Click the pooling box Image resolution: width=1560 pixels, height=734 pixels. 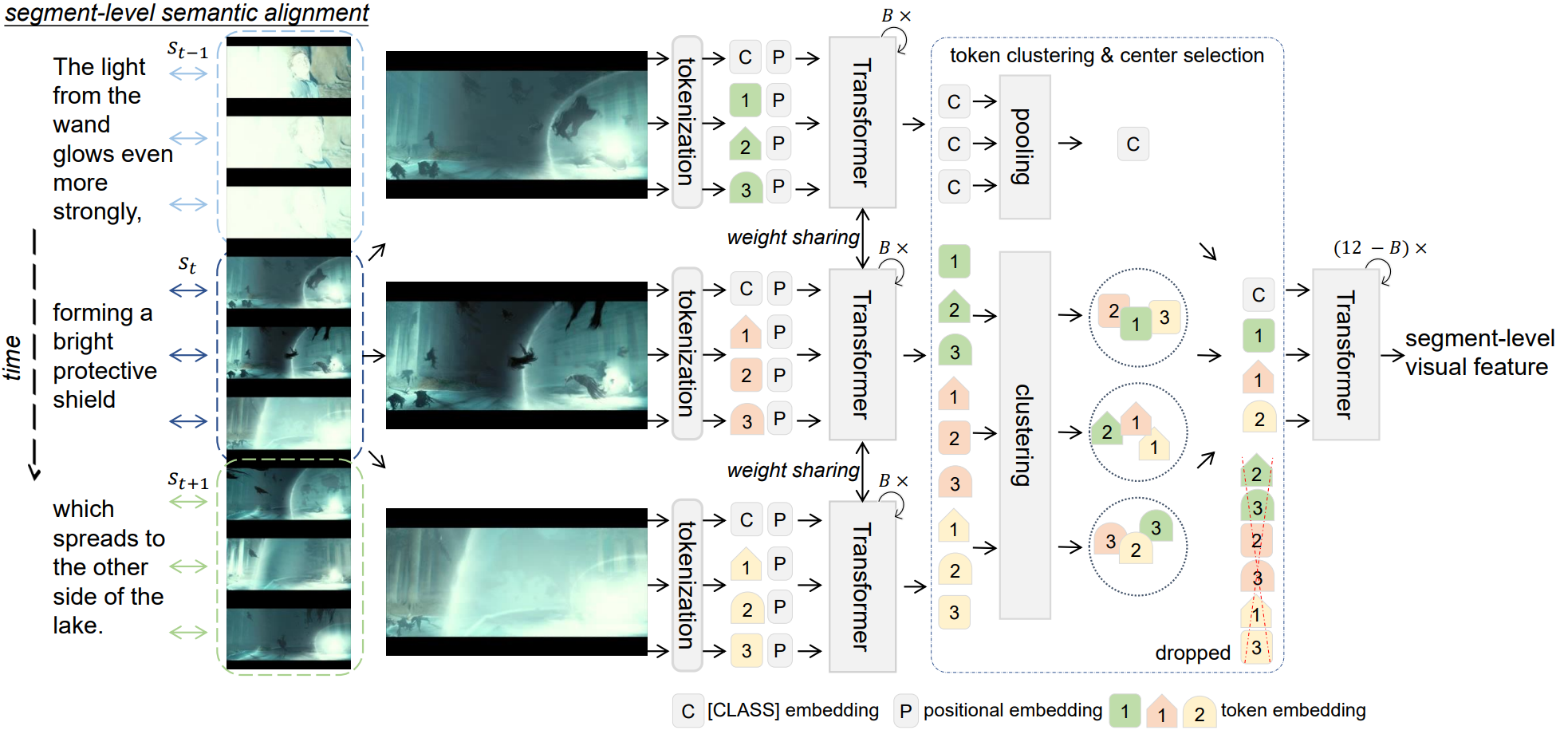tap(1024, 147)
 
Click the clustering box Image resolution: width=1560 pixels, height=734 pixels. tap(1024, 435)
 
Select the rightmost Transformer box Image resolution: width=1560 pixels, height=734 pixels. tap(1345, 354)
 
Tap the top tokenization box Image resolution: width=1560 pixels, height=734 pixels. tap(687, 122)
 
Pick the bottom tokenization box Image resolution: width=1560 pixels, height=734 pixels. tap(687, 585)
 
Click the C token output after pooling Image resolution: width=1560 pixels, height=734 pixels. tap(1133, 144)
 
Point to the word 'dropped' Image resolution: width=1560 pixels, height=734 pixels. tap(1192, 653)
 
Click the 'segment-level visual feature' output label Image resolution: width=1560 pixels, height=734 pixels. tap(1479, 353)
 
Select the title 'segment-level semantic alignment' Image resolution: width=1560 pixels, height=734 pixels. tap(187, 13)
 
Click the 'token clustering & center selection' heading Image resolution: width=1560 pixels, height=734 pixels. tap(1106, 55)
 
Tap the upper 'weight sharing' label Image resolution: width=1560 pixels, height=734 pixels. tap(793, 237)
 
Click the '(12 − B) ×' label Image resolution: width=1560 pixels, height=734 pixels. tap(1380, 248)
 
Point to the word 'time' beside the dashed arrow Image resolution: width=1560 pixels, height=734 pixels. tap(13, 357)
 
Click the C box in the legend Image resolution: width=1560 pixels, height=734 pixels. tap(687, 711)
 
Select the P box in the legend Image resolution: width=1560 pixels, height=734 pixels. tap(905, 711)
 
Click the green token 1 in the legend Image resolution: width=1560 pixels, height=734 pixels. tap(1125, 711)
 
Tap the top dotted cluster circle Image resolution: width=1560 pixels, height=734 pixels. tap(1138, 317)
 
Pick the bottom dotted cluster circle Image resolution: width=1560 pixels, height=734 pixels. tap(1138, 547)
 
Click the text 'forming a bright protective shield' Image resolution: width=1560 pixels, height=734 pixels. tap(104, 356)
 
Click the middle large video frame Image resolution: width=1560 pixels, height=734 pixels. tap(516, 355)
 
